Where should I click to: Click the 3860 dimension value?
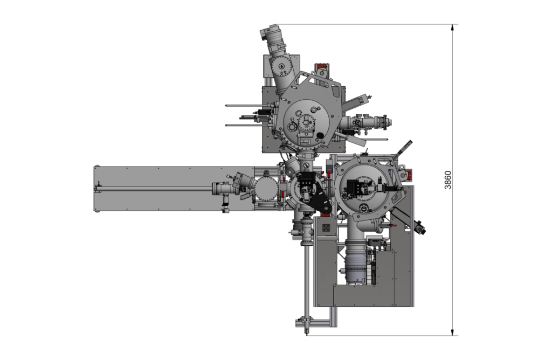pos(447,180)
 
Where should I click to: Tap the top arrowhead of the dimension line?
pos(453,27)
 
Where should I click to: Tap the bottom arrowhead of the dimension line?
pos(453,333)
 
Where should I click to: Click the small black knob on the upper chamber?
pos(320,135)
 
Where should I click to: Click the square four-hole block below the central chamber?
pos(326,228)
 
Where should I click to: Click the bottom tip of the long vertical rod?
pos(307,334)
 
